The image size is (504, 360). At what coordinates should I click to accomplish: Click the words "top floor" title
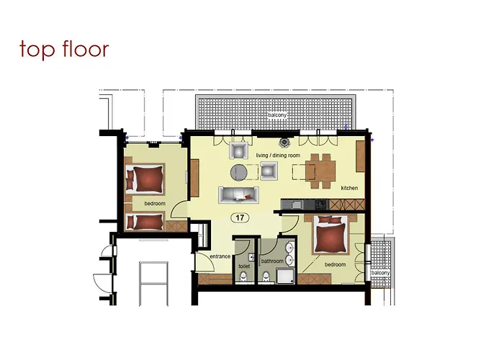pos(64,49)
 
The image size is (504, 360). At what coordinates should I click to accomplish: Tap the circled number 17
pos(238,217)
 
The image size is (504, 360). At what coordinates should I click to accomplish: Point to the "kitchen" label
pos(350,189)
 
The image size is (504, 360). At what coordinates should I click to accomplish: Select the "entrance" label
pos(220,256)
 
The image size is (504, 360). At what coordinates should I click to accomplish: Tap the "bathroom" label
pos(272,261)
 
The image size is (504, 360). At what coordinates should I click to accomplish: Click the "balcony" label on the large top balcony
pos(279,115)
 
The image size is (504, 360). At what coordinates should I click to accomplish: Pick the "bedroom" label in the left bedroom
pos(154,204)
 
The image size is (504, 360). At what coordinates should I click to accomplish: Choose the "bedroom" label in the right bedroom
pos(335,265)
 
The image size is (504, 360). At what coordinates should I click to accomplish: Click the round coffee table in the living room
pos(239,171)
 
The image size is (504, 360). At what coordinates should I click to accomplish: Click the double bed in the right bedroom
pos(331,234)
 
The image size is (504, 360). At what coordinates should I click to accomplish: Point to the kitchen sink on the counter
pos(296,204)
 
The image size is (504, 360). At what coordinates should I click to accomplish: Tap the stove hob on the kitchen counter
pos(317,204)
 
